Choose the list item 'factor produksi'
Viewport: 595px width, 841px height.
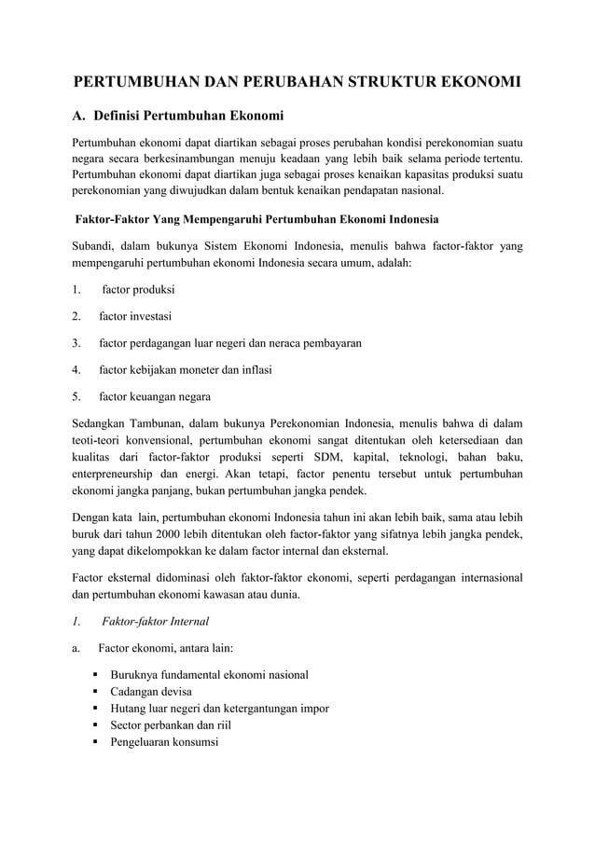[138, 290]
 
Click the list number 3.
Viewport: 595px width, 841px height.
[76, 343]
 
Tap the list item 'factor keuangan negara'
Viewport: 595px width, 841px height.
[155, 396]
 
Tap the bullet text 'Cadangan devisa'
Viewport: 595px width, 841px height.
[152, 692]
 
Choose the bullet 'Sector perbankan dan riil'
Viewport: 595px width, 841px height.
[171, 725]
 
